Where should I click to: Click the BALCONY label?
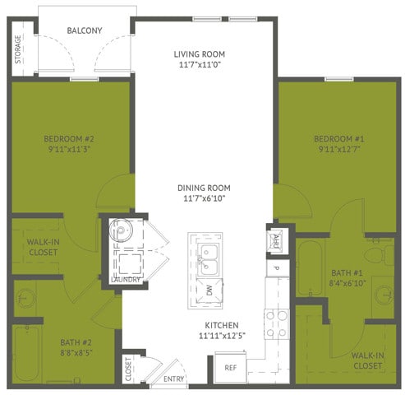click(84, 30)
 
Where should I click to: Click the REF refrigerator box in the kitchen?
click(231, 368)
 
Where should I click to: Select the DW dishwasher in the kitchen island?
click(209, 290)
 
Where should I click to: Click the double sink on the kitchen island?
click(208, 257)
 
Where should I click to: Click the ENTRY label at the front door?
click(174, 379)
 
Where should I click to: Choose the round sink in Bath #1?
click(382, 293)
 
